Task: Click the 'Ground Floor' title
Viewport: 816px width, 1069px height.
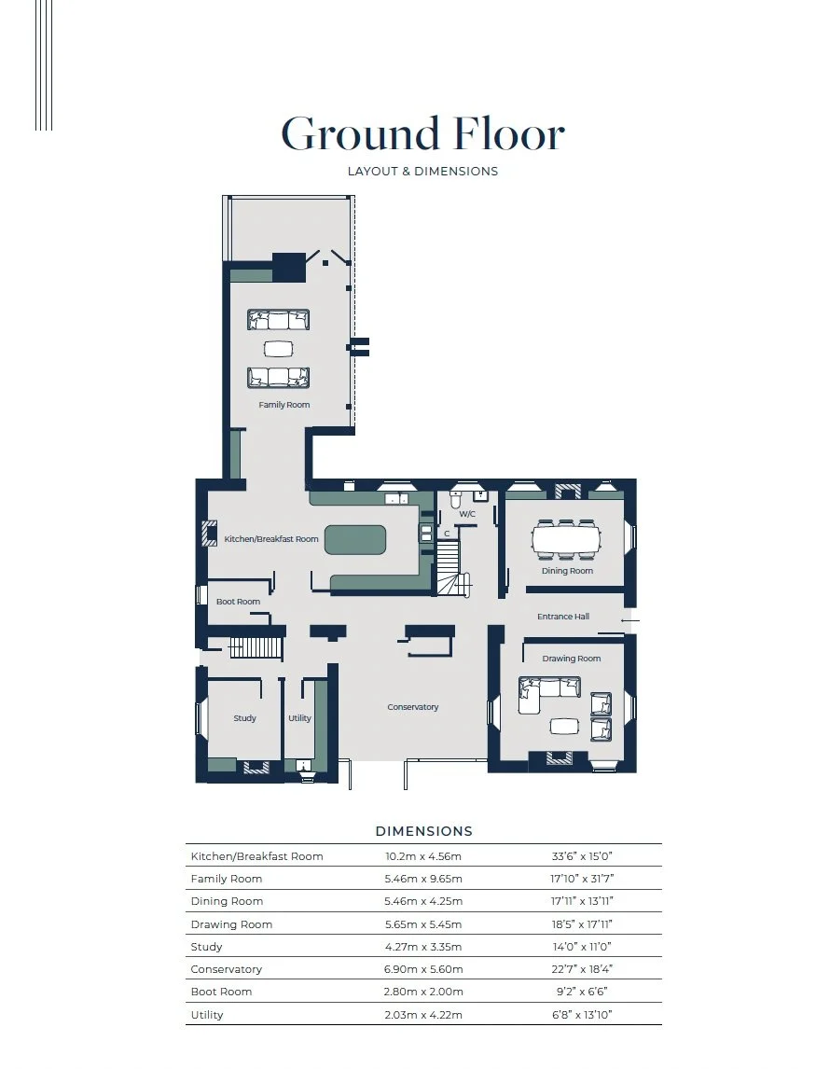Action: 422,133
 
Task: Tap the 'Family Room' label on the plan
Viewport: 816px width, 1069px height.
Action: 284,405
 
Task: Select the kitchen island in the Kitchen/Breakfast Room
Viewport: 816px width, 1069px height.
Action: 355,540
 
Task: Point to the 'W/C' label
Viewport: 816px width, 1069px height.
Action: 467,514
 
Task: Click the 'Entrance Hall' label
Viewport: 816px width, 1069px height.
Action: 563,617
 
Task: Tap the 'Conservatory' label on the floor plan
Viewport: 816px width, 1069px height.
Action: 413,707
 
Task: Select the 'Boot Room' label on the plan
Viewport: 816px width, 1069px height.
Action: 238,602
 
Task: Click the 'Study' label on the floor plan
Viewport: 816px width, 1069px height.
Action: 244,718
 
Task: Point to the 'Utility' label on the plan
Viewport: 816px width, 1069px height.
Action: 299,718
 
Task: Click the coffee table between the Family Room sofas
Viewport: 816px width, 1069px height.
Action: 279,348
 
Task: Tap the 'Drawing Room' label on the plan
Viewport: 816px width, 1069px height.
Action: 572,659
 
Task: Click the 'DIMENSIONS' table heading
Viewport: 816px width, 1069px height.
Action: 424,831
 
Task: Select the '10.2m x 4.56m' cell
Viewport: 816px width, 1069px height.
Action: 423,856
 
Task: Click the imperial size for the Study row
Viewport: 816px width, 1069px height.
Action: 582,946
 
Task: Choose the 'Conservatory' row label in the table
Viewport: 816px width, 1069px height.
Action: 227,969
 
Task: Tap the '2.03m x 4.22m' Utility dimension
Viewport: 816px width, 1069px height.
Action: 423,1015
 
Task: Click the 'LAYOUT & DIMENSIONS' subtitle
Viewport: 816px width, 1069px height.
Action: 422,171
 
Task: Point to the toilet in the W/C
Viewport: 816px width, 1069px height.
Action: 457,499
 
